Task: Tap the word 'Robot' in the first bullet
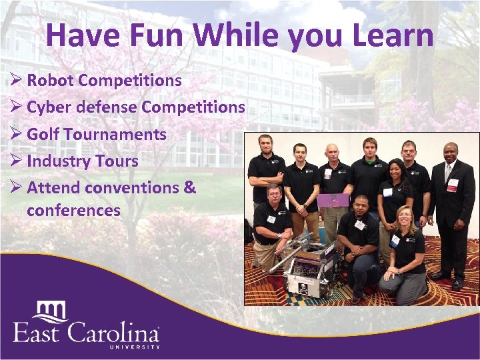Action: pyautogui.click(x=51, y=81)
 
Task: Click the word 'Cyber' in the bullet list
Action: pyautogui.click(x=50, y=107)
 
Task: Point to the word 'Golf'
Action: pyautogui.click(x=43, y=134)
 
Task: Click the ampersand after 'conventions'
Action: pyautogui.click(x=189, y=187)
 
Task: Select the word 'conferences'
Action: pyautogui.click(x=73, y=211)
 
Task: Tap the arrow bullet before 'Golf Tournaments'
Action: pyautogui.click(x=16, y=134)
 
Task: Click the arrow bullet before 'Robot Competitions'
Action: pyautogui.click(x=16, y=81)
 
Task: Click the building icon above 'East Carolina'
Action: pyautogui.click(x=52, y=310)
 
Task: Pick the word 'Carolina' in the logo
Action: pyautogui.click(x=119, y=333)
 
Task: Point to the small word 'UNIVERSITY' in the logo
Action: pyautogui.click(x=134, y=347)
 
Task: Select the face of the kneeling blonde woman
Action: pyautogui.click(x=404, y=217)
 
